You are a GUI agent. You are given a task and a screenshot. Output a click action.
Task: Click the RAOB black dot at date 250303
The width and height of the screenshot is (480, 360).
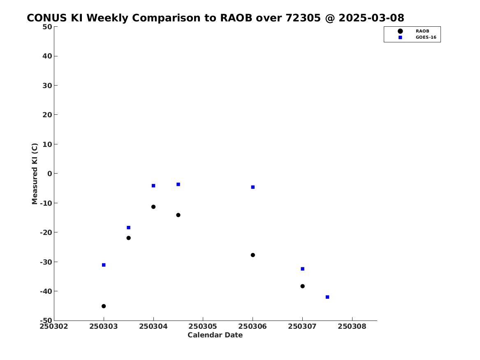point(104,306)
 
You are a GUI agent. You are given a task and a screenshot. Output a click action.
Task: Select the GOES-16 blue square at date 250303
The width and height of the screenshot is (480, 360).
point(104,265)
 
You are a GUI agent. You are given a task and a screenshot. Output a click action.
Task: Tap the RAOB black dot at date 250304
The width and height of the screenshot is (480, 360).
point(153,207)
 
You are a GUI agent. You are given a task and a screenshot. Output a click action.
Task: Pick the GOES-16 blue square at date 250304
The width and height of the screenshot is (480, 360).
point(153,186)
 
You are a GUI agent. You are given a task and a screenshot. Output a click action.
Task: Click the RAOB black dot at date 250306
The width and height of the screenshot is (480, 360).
point(253,255)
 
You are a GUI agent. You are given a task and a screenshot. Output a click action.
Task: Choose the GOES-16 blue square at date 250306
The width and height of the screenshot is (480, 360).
point(253,187)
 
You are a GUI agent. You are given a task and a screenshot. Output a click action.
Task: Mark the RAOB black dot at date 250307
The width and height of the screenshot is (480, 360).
point(302,286)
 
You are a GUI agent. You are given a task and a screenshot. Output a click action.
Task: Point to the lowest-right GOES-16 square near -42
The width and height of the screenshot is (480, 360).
point(327,297)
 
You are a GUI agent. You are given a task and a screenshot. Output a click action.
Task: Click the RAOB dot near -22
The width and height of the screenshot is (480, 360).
point(129,238)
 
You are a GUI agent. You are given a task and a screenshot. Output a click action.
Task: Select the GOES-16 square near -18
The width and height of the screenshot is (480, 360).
point(129,228)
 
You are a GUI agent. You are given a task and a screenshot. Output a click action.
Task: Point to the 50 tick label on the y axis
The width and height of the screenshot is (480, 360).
point(47,27)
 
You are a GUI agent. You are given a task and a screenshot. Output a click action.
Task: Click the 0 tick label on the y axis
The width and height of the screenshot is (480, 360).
point(50,174)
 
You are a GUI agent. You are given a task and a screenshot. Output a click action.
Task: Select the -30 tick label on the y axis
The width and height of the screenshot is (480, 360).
point(46,262)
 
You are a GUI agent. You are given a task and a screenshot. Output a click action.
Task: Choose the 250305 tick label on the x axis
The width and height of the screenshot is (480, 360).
point(203,326)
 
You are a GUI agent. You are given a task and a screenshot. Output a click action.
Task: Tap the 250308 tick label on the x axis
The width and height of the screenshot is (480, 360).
point(352,326)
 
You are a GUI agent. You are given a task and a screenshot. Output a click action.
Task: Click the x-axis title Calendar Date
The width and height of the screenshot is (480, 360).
point(215,335)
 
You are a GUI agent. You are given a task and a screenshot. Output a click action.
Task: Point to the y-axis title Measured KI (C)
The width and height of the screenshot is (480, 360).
point(35,174)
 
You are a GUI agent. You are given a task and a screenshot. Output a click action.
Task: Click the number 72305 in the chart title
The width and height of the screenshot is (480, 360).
point(303,18)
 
